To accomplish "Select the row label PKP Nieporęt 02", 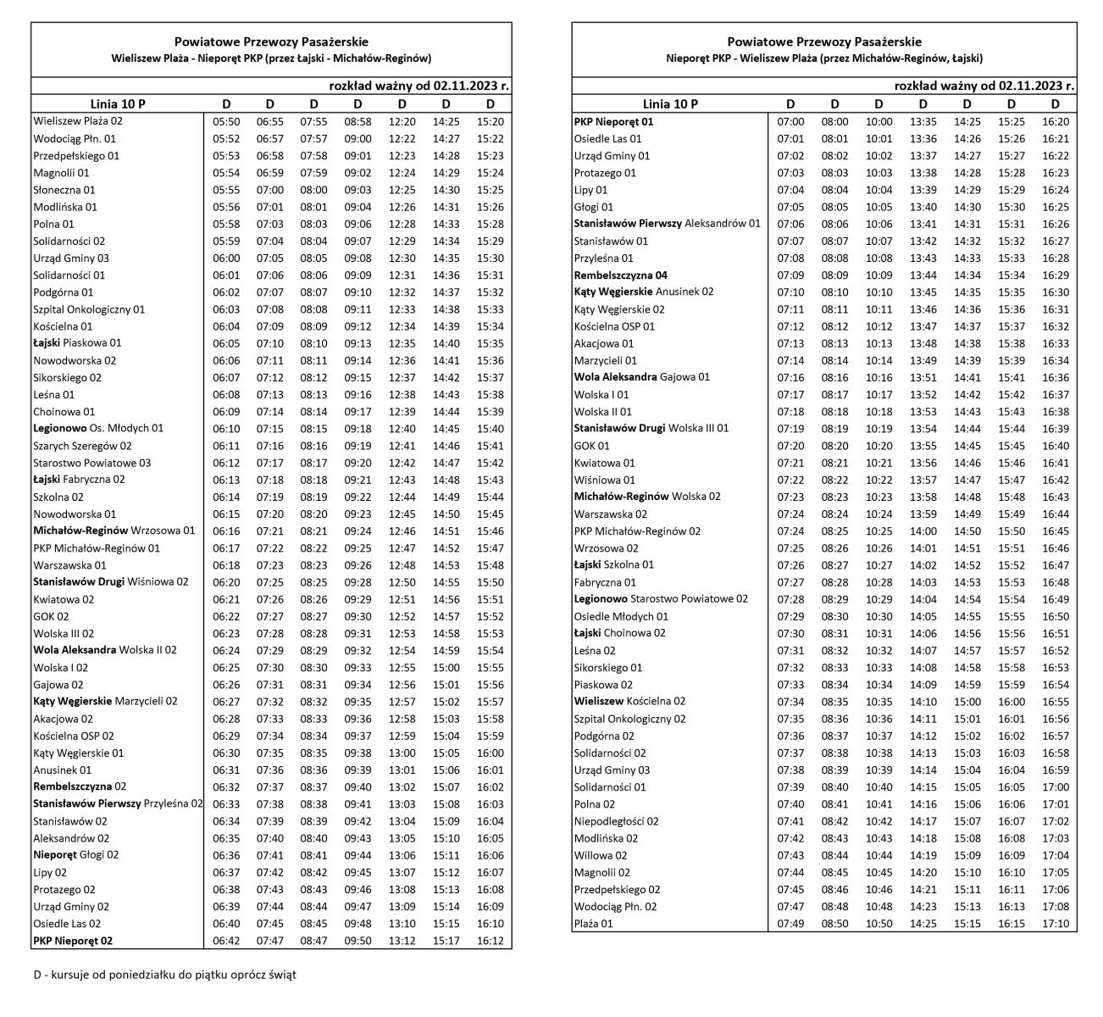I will (73, 941).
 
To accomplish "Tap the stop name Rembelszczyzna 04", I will (621, 275).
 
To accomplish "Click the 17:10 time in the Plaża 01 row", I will (1055, 924).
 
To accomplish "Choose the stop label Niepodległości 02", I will (616, 821).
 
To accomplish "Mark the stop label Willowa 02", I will (601, 855).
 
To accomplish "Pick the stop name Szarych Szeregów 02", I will (82, 446).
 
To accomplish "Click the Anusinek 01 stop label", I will (62, 770).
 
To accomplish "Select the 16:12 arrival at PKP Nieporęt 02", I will (491, 941).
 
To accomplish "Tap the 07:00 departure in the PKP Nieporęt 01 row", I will (790, 122).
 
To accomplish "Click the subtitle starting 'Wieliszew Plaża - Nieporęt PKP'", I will (271, 59).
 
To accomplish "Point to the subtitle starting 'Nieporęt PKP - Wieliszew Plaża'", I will (824, 59).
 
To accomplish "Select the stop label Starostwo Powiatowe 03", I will (91, 463).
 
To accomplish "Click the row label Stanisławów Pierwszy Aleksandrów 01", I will (668, 225).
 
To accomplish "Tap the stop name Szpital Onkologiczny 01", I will (89, 309).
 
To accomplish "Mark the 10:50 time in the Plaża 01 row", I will (879, 924).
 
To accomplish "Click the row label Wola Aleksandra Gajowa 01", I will (642, 377).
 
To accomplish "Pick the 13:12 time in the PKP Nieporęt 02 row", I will (402, 941).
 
